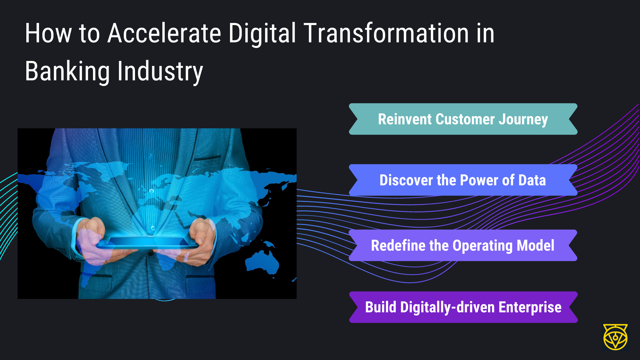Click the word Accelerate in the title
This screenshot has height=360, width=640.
[164, 33]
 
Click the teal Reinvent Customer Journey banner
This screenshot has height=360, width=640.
[463, 119]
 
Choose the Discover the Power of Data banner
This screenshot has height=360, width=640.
[463, 180]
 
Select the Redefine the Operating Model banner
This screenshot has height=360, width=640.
[463, 245]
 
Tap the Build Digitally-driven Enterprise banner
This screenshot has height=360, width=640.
[463, 307]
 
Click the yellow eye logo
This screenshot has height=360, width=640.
[615, 337]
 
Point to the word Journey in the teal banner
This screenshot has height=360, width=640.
[523, 120]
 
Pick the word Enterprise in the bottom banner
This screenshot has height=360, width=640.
[530, 308]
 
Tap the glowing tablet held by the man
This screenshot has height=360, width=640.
[147, 243]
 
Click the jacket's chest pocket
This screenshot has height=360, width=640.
[207, 158]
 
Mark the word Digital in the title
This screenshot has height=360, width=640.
[262, 34]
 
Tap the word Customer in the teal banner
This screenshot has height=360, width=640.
[465, 119]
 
